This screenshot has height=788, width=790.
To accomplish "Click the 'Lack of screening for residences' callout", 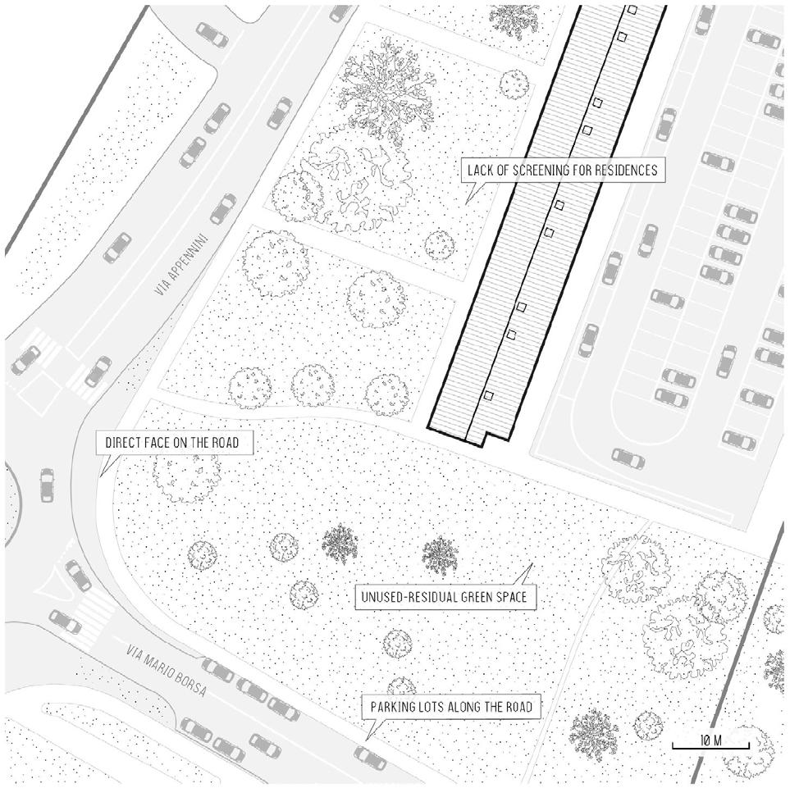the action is pyautogui.click(x=561, y=171).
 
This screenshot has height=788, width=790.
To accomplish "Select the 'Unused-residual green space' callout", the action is pyautogui.click(x=445, y=598).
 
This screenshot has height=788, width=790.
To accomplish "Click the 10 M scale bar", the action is pyautogui.click(x=710, y=743).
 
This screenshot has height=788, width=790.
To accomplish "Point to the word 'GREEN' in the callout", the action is pyautogui.click(x=473, y=598).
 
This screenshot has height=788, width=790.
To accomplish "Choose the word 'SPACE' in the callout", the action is pyautogui.click(x=513, y=598).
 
